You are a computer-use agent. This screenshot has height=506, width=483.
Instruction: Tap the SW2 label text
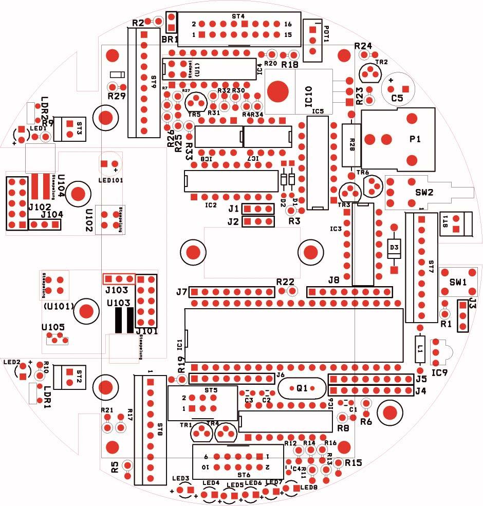click(424, 193)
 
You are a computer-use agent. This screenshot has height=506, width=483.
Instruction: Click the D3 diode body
click(394, 248)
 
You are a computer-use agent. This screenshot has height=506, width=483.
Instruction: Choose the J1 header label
click(233, 209)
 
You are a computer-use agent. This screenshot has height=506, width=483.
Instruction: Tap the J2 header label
click(233, 222)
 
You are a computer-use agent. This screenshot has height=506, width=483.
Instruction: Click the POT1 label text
click(324, 33)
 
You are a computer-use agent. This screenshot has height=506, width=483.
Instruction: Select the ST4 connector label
click(238, 17)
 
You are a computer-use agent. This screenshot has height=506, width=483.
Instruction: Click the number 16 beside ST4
click(287, 24)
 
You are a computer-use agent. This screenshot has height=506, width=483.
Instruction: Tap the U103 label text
click(119, 303)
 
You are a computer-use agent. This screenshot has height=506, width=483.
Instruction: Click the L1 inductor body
click(420, 348)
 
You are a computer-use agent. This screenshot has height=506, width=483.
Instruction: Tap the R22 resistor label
click(285, 282)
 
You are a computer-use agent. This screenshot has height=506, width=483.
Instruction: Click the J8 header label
click(334, 280)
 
